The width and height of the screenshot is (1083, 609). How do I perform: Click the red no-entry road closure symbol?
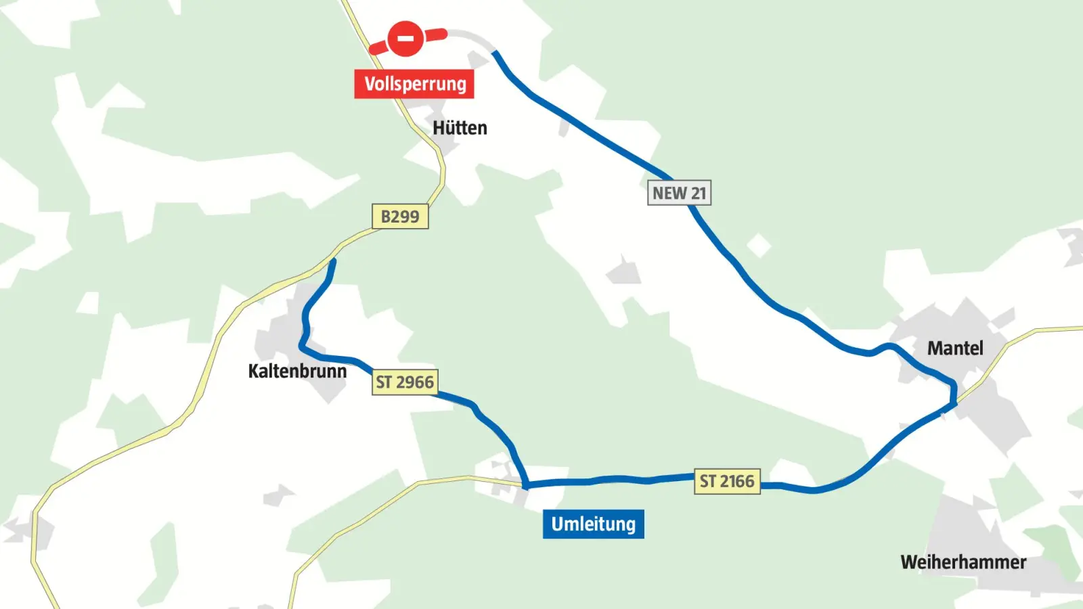(x=405, y=39)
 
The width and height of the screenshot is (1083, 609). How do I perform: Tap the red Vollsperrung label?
(x=414, y=84)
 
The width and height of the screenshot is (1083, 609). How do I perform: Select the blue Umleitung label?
(x=593, y=524)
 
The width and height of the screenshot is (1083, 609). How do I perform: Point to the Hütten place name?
(x=460, y=128)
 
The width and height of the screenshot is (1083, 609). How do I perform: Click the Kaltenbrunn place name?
(x=297, y=371)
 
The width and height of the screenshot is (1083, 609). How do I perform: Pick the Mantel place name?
(x=954, y=348)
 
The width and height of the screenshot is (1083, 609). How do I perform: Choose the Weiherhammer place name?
(x=963, y=562)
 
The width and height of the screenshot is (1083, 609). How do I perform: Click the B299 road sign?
(x=400, y=217)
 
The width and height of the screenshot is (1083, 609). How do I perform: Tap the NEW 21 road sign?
(x=679, y=193)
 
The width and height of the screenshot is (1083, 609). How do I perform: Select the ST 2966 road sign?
(x=405, y=382)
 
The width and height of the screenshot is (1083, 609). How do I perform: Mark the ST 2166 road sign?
(x=727, y=481)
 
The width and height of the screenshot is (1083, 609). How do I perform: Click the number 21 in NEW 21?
(x=698, y=193)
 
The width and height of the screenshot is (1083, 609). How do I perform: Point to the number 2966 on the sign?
(x=415, y=382)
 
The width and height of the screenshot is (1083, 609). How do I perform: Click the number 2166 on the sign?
(x=737, y=481)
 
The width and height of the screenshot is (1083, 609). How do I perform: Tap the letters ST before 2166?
(x=707, y=481)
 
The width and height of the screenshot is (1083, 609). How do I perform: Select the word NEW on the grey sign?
(x=669, y=193)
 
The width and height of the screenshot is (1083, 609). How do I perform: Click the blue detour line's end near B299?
(x=332, y=261)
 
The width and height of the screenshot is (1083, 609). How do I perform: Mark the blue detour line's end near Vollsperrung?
(x=495, y=53)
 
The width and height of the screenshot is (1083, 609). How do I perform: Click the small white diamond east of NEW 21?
(x=759, y=245)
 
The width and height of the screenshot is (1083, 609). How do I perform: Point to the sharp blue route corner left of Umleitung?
(x=526, y=484)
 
